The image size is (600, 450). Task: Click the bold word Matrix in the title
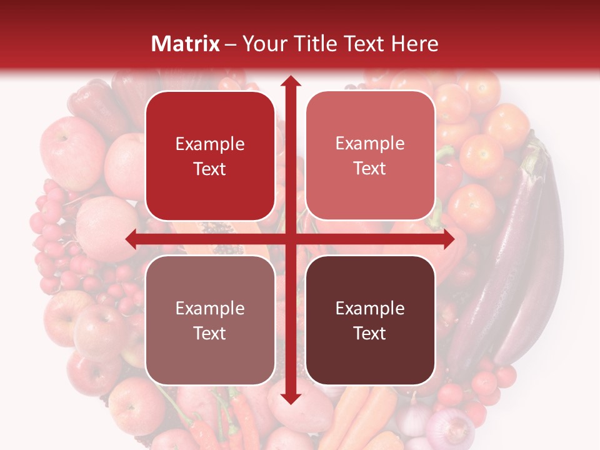186,44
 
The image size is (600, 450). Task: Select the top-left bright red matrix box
210,156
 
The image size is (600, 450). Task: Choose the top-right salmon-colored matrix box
370,156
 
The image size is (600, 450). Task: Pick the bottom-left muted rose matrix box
210,321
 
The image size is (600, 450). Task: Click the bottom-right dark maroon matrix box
370,321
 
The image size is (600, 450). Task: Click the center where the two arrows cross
290,239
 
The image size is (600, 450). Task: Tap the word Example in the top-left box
210,144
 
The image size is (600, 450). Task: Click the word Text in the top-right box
370,169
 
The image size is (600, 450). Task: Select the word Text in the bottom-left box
210,333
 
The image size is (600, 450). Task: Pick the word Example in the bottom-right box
370,308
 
